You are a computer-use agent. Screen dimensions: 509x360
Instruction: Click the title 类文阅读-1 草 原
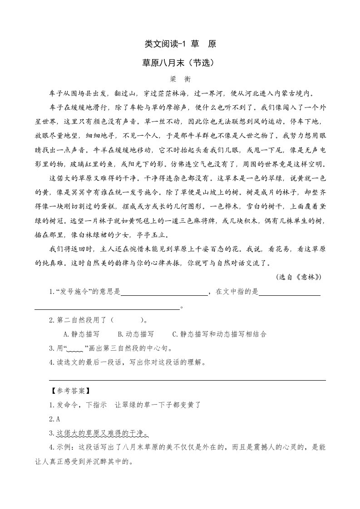(180, 44)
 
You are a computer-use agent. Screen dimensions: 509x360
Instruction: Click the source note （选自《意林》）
(301, 277)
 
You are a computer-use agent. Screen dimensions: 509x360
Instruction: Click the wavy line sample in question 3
(76, 349)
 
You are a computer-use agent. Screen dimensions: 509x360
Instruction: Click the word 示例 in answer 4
(64, 448)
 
